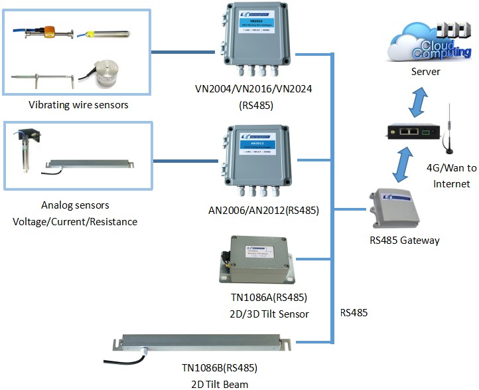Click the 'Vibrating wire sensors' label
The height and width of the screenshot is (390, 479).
click(78, 104)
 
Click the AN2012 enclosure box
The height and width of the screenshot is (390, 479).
click(257, 163)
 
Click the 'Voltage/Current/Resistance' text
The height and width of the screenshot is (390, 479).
click(75, 221)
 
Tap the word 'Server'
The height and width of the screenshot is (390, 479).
click(426, 72)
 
